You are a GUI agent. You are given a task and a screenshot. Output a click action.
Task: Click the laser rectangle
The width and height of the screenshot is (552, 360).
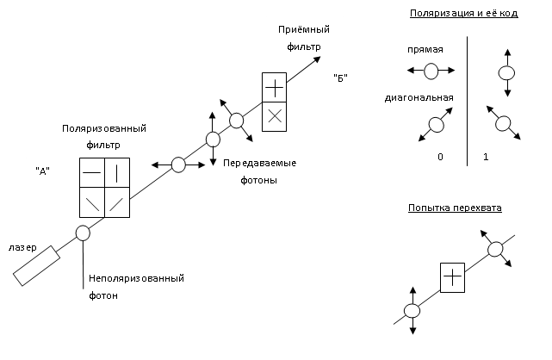(x=36, y=265)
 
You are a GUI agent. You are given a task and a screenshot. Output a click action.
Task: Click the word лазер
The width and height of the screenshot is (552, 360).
(x=22, y=247)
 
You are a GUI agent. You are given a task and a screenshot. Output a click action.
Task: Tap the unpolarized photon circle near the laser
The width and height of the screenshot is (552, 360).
(x=83, y=233)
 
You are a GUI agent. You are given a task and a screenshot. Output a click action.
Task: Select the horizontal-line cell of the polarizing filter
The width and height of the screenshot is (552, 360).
(x=91, y=171)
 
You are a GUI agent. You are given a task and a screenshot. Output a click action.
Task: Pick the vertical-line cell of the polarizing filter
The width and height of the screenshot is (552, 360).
(x=117, y=171)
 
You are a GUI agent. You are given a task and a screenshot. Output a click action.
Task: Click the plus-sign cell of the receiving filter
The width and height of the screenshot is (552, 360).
(x=274, y=88)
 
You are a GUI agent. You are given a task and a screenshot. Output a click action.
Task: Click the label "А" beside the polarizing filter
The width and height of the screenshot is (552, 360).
(x=40, y=171)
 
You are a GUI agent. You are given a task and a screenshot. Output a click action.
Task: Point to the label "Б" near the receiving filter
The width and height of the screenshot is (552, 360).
(x=340, y=79)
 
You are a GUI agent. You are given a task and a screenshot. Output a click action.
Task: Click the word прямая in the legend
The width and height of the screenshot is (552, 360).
(x=425, y=50)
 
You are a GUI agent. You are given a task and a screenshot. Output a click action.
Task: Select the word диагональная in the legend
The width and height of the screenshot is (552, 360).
(x=420, y=98)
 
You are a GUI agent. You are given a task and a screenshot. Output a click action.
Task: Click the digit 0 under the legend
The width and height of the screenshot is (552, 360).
(x=440, y=158)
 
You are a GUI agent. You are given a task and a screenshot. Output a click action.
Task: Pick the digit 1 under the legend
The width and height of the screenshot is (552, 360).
(x=487, y=158)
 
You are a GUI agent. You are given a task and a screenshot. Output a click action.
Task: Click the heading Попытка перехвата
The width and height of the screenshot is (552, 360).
(x=455, y=208)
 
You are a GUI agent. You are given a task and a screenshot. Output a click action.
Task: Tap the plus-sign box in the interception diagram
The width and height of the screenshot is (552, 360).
(x=452, y=276)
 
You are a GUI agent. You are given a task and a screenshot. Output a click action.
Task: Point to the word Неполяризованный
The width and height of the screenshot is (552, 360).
(x=135, y=278)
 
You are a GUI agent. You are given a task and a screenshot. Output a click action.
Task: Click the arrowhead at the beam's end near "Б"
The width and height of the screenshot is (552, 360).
(x=319, y=59)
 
